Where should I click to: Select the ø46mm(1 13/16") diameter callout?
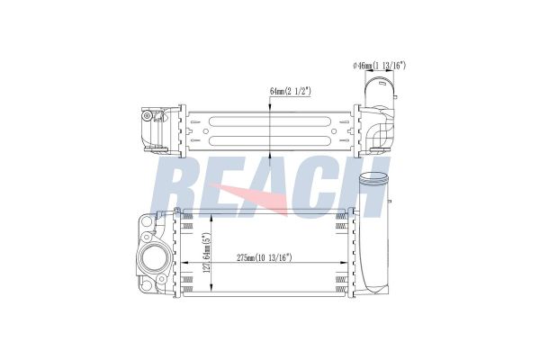coord(380,65)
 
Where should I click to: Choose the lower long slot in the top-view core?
coord(270,141)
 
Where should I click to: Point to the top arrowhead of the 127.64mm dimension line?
coord(210,216)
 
